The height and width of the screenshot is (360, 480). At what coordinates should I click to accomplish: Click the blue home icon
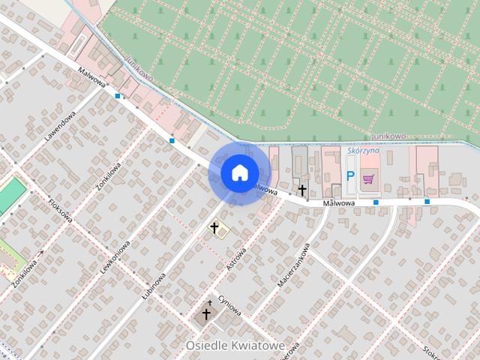point(239,172)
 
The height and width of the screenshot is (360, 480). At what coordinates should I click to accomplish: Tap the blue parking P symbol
point(349,176)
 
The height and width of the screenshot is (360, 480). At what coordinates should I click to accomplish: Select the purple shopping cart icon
point(368,178)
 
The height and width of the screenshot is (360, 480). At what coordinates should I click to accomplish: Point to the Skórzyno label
point(364,150)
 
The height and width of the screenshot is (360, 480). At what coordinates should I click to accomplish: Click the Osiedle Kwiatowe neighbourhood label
point(235,345)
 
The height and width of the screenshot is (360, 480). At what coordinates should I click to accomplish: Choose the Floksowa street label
point(60,211)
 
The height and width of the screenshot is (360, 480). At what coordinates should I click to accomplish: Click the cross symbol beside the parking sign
point(302,190)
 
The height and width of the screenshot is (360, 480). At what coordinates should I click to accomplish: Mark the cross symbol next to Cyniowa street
point(206,313)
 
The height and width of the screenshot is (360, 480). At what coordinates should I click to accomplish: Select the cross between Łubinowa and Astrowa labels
point(214,226)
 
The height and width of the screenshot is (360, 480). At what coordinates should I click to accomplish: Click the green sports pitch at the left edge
point(10,193)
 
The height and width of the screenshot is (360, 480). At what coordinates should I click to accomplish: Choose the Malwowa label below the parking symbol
point(339,203)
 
